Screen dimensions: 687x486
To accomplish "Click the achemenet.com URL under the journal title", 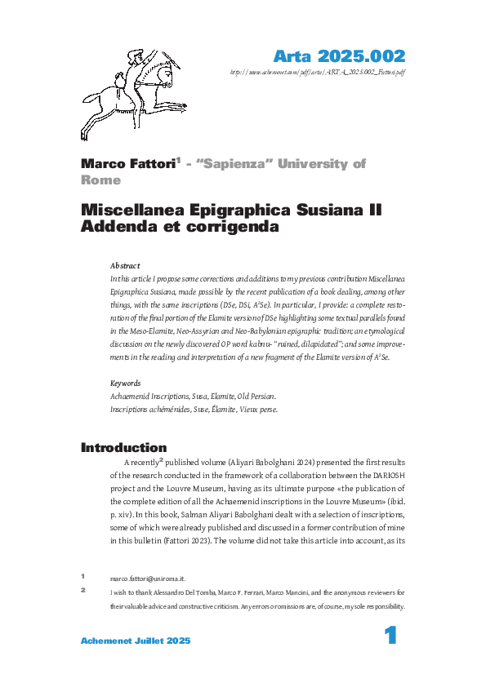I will [x=319, y=72].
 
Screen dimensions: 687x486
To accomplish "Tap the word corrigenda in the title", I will [x=230, y=228].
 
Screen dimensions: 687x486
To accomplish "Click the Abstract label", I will [x=125, y=266].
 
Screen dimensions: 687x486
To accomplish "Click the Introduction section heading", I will [x=123, y=448].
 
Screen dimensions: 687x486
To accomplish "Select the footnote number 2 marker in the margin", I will [x=83, y=589].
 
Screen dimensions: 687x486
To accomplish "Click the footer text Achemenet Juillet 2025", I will [x=136, y=640].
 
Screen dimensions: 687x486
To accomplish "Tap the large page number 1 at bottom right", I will [x=390, y=636].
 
